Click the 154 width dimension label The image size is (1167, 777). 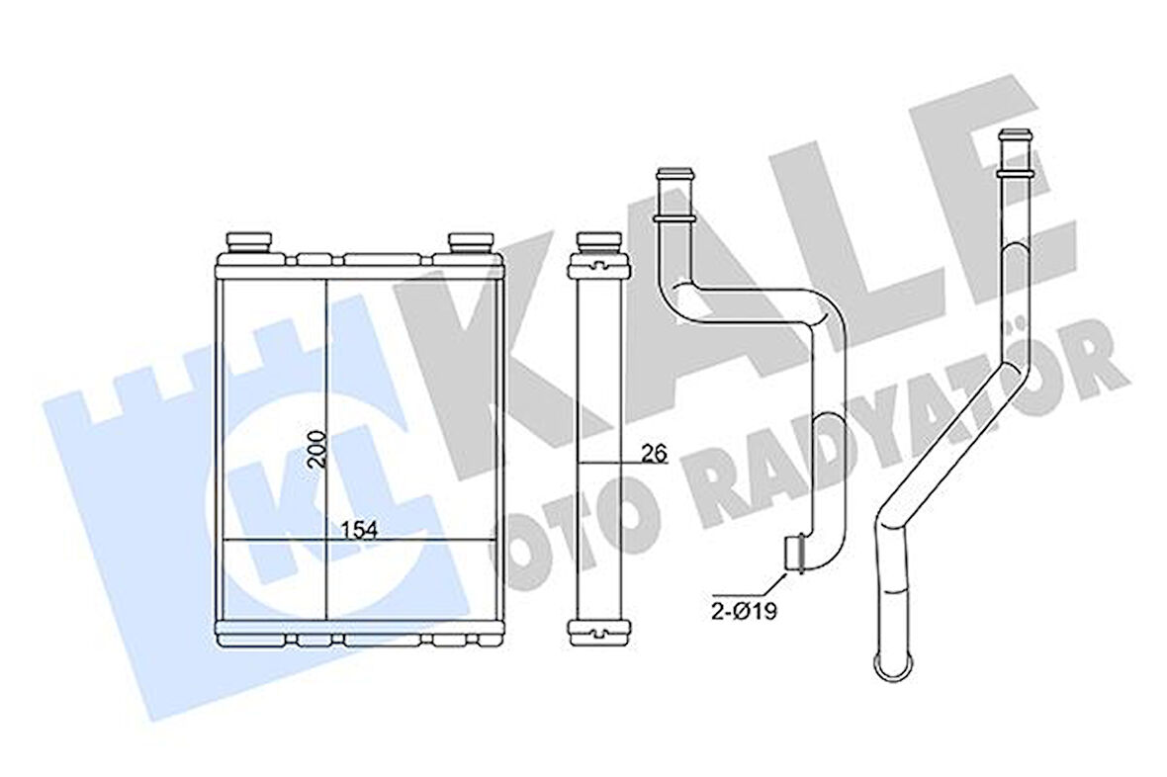pos(359,529)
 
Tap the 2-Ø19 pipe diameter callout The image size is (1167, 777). pos(743,611)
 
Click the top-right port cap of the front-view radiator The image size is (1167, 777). pos(469,242)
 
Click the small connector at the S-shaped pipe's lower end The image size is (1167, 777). pos(795,554)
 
